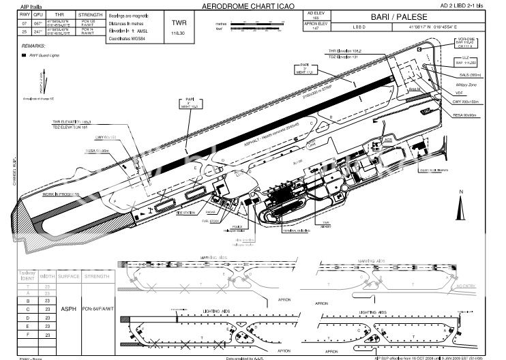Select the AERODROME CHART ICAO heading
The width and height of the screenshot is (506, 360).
243,5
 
